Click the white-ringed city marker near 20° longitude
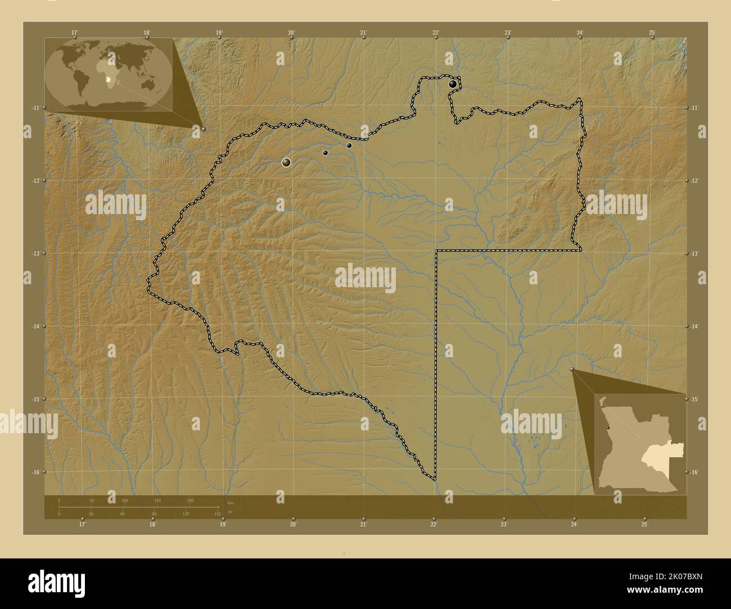pos(286,162)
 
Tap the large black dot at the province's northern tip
pos(453,84)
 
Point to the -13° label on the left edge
pos(35,254)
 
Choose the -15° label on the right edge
pos(695,399)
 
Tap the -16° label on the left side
pos(35,472)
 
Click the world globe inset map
pos(109,74)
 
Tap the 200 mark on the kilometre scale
pos(190,500)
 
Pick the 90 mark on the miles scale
pos(153,514)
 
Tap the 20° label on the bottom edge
pos(293,524)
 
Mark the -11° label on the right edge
pos(695,107)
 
